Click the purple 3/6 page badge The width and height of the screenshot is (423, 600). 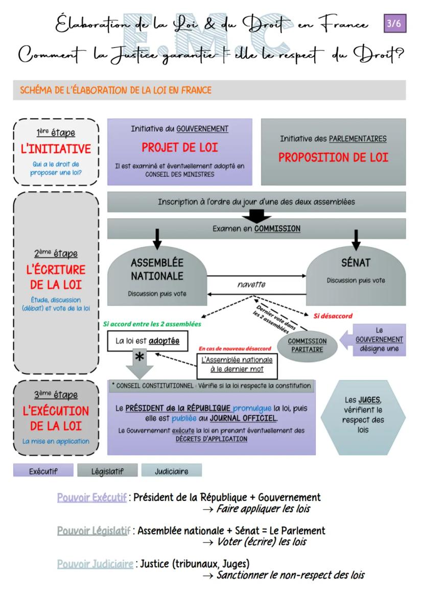coord(395,25)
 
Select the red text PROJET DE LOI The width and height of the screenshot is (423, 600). coord(180,148)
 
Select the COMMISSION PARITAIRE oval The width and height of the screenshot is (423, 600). coord(307,345)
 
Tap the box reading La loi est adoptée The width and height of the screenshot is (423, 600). coord(147,341)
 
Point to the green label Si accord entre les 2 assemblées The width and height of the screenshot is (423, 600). coord(152,324)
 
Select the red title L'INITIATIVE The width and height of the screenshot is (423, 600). coord(56,149)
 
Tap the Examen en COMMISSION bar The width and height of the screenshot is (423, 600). coord(256,229)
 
